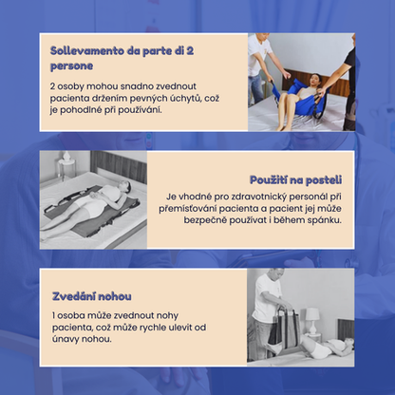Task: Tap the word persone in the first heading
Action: [71, 66]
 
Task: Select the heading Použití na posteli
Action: [295, 180]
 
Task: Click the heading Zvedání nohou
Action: [92, 296]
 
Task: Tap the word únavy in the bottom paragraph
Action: [66, 339]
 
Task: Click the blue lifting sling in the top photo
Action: [301, 97]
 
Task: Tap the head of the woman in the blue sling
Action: [315, 80]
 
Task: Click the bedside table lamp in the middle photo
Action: [66, 164]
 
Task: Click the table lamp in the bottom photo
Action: [312, 320]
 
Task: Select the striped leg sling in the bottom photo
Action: [284, 329]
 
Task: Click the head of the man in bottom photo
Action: [275, 274]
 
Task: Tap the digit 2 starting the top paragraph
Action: [52, 86]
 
